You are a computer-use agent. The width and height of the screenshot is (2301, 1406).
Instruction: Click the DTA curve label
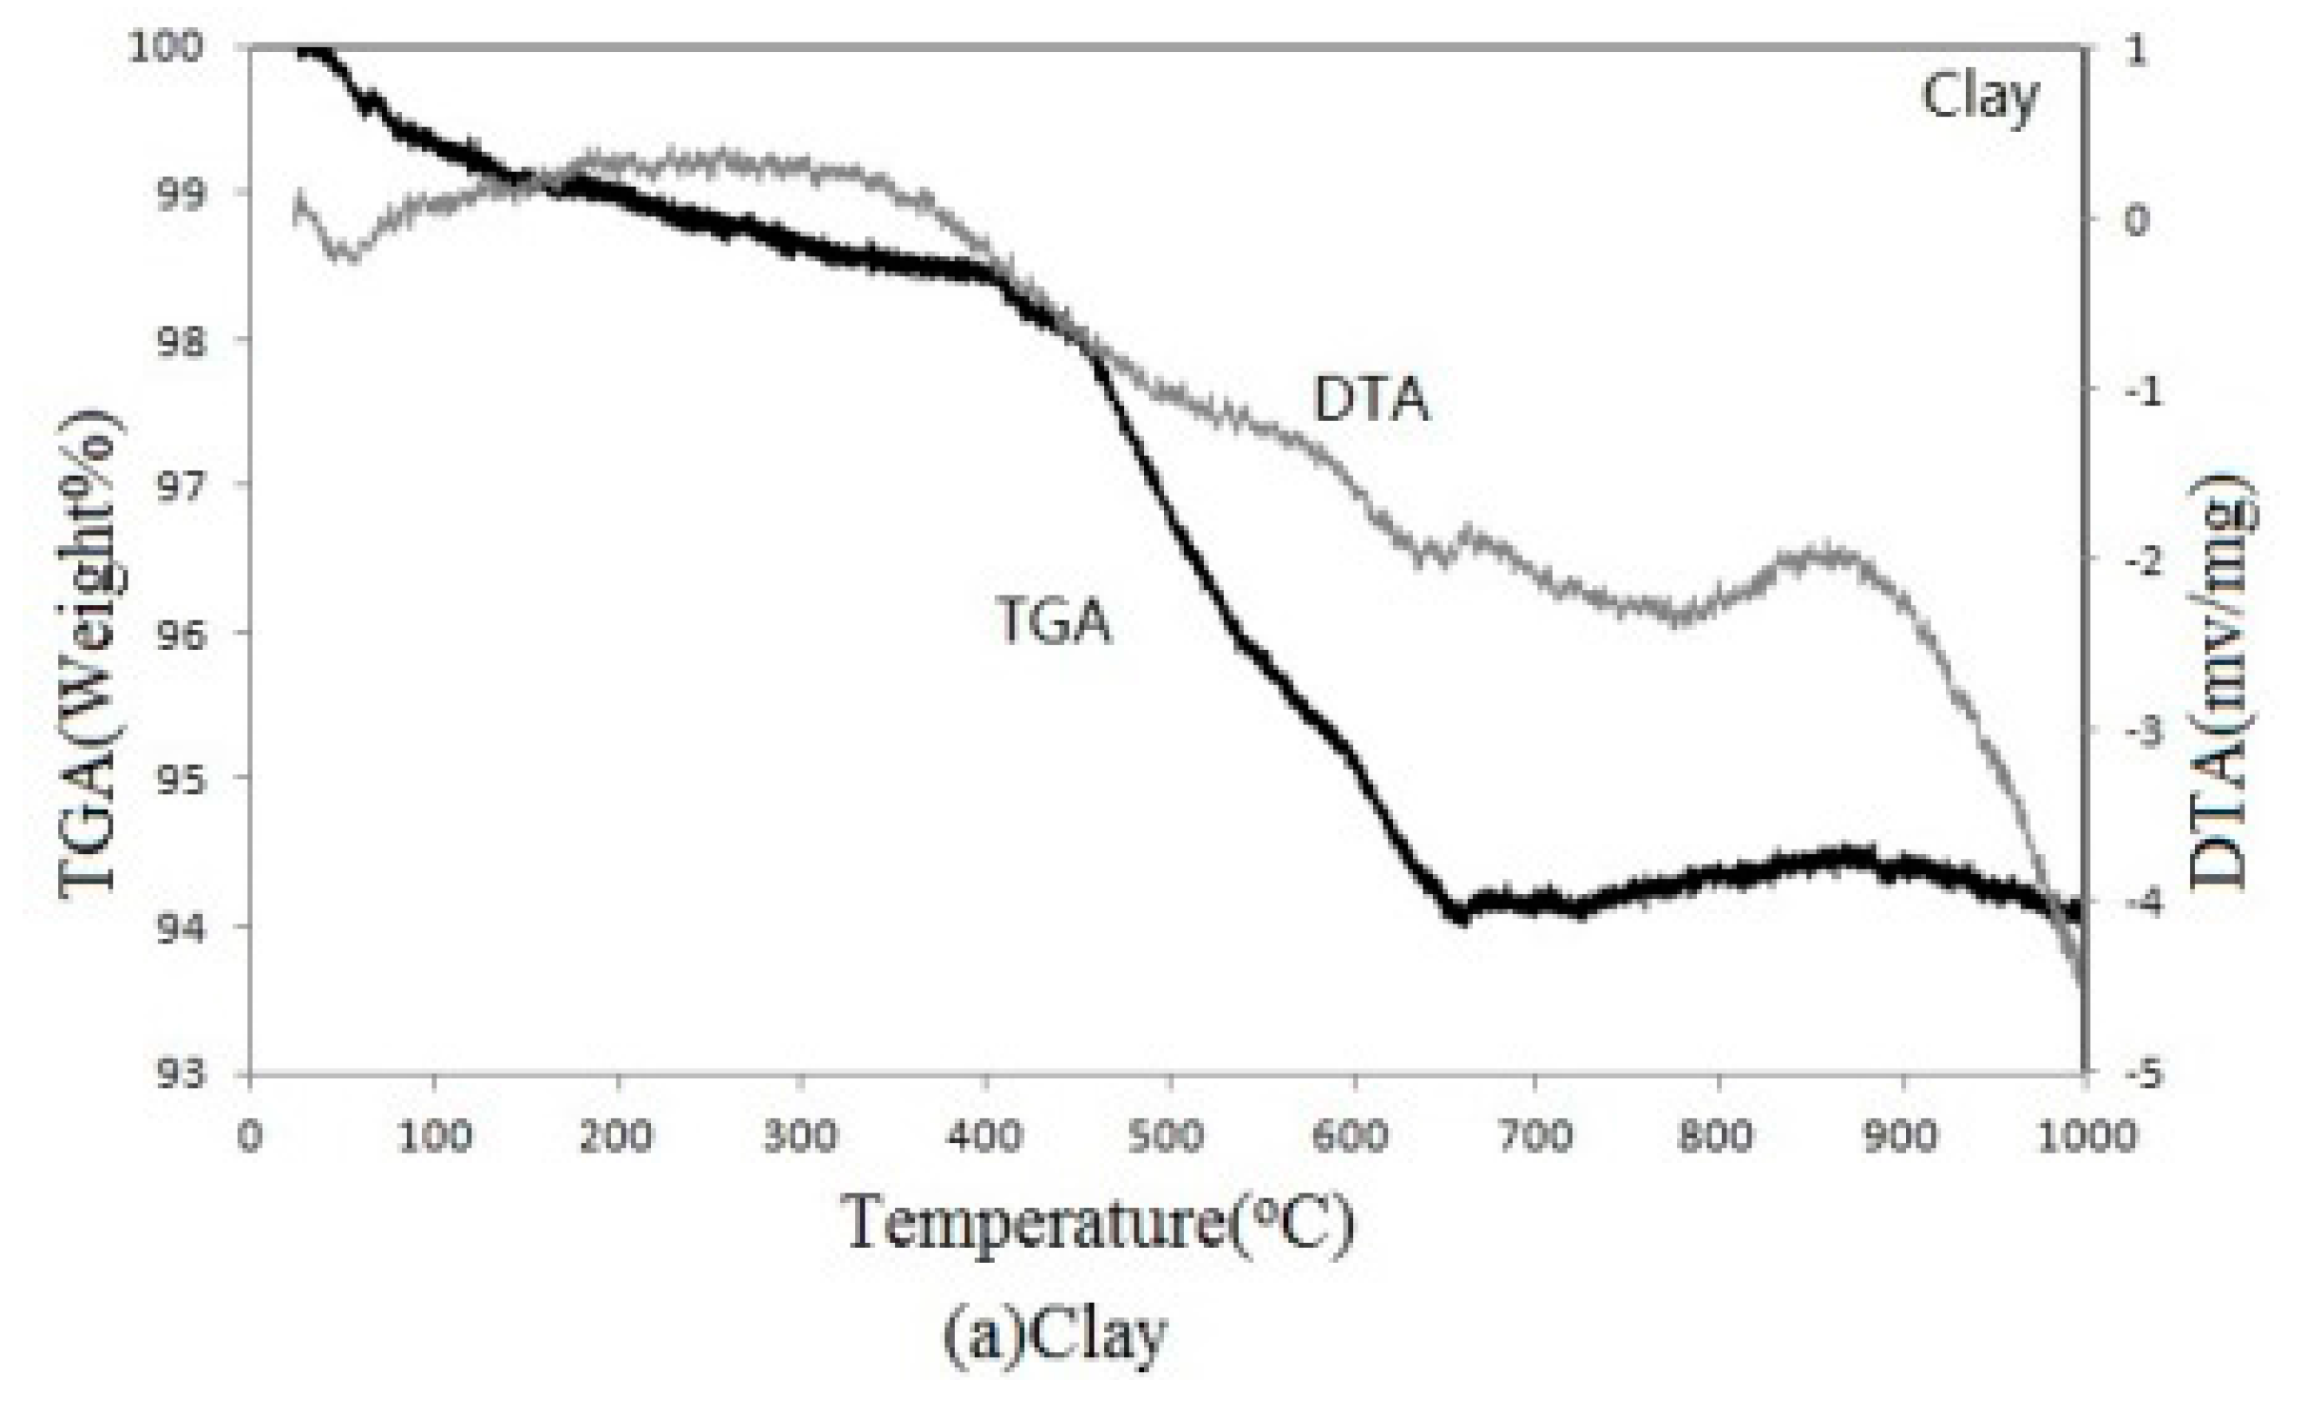tap(1370, 400)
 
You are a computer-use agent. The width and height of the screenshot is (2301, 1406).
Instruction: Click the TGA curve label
tap(1055, 621)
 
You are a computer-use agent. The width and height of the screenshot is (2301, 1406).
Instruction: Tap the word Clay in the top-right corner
tap(1980, 97)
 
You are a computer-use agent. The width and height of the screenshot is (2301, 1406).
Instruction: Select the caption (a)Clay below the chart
tap(1055, 1336)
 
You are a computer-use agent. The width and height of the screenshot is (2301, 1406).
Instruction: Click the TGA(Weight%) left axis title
tap(90, 654)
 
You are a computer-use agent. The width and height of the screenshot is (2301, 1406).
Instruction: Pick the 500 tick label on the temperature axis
tap(1170, 1137)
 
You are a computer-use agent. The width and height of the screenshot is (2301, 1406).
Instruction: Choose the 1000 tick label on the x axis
tap(2081, 1137)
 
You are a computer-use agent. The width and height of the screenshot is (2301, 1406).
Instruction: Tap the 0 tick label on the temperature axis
tap(249, 1137)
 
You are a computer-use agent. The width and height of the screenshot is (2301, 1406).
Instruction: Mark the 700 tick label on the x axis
tap(1536, 1137)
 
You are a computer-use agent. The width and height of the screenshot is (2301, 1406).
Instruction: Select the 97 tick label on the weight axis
tap(177, 484)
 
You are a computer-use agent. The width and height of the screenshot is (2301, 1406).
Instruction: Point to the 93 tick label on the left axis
tap(177, 1074)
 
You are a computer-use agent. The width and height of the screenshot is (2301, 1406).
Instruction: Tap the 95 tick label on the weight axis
tap(177, 778)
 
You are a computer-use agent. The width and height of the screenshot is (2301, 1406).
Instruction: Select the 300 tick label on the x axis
tap(801, 1137)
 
